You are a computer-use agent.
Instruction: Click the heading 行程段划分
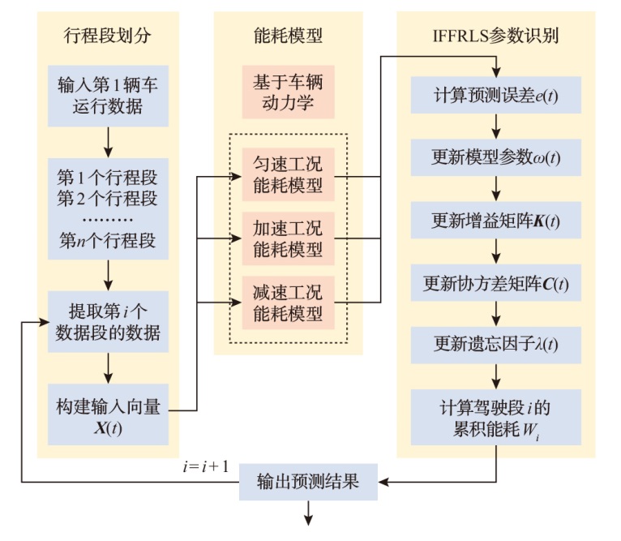[x=107, y=36]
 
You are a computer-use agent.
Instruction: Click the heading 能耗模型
[x=287, y=36]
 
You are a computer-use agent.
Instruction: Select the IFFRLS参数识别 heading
[x=495, y=36]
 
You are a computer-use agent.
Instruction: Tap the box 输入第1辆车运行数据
[x=108, y=94]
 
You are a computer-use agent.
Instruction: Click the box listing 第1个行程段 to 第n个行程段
[x=108, y=208]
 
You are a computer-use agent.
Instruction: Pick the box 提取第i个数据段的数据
[x=108, y=322]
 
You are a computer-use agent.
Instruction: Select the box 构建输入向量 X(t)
[x=108, y=414]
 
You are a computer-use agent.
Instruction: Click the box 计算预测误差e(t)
[x=496, y=97]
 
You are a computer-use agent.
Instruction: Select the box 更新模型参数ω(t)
[x=496, y=156]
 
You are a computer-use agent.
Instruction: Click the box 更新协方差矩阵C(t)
[x=496, y=284]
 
